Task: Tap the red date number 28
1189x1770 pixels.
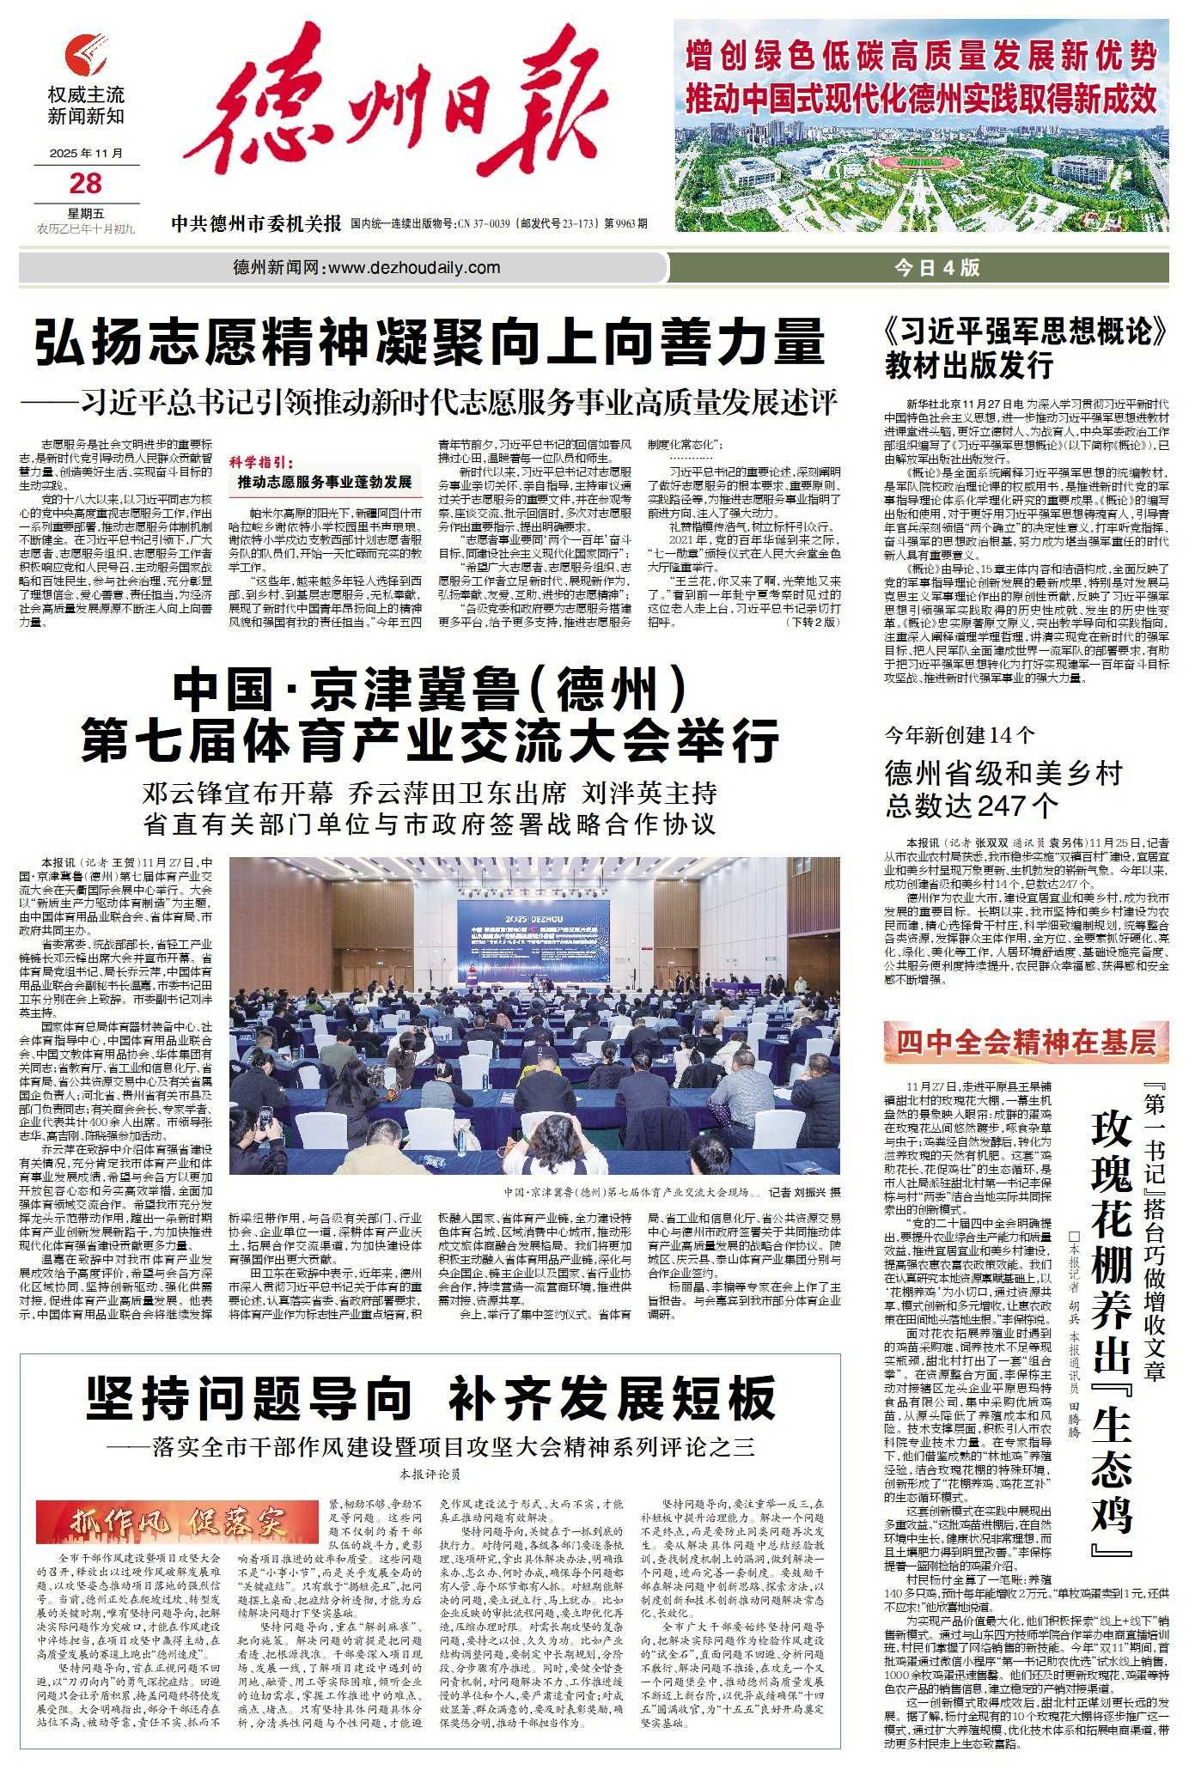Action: [88, 182]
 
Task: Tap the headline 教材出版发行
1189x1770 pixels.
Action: [969, 365]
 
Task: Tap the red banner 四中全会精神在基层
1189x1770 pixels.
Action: [1026, 1043]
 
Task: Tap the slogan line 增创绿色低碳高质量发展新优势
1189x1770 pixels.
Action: [920, 60]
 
